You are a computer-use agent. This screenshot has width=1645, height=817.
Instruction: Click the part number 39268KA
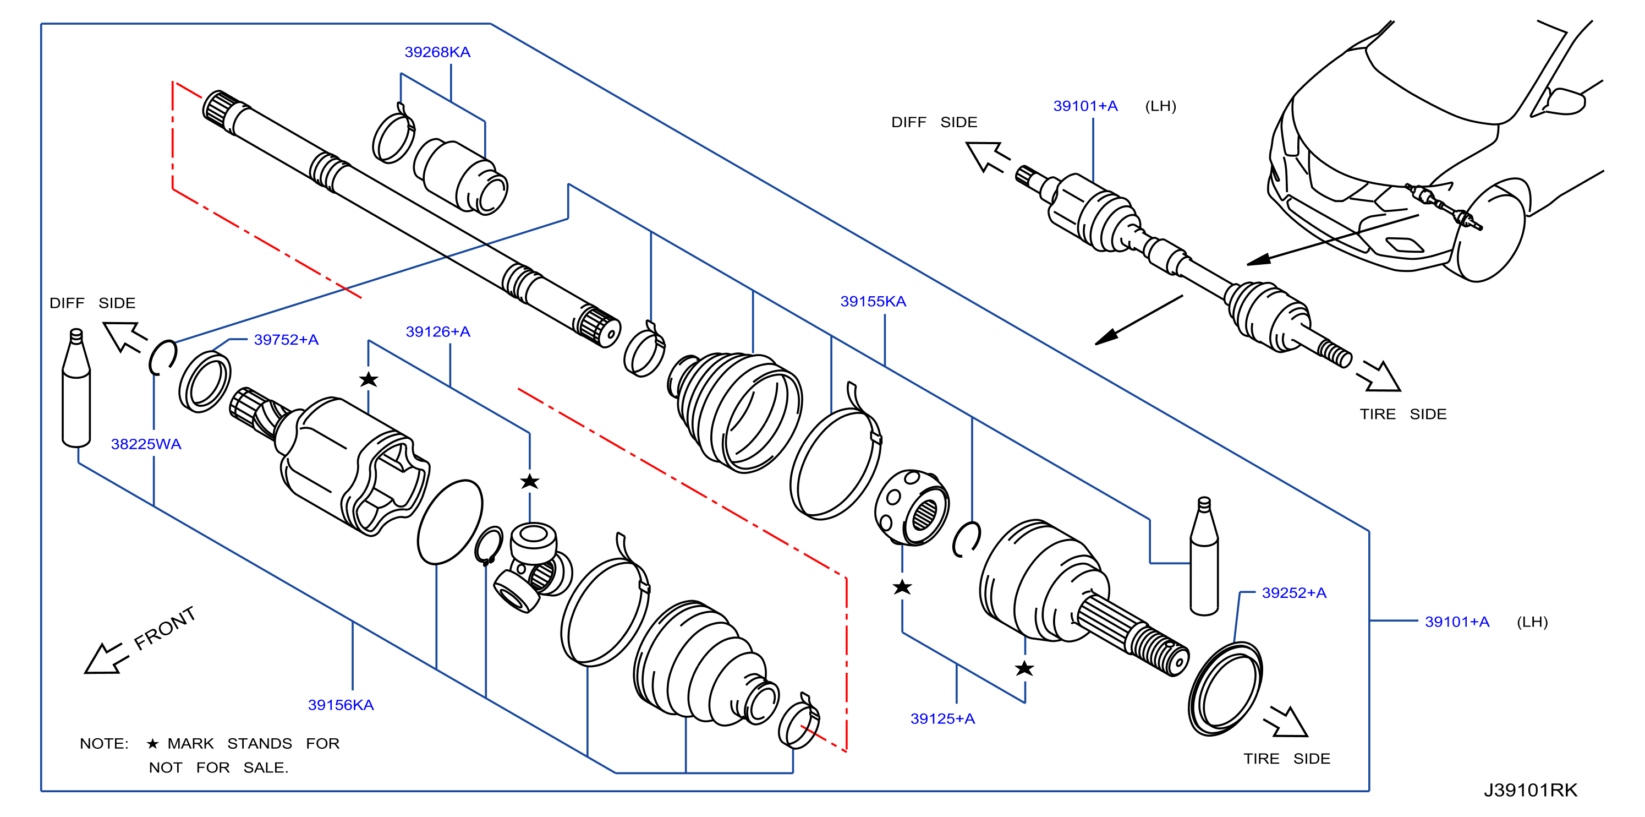coord(437,52)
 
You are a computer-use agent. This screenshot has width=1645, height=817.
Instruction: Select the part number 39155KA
coord(873,302)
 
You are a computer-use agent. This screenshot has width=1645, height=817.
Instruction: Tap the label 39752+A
coord(286,340)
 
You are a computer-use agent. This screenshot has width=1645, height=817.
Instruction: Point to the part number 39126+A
coord(438,331)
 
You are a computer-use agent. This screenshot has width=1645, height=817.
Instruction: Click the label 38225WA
coord(146,444)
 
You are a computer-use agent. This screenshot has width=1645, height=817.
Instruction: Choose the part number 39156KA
coord(341,705)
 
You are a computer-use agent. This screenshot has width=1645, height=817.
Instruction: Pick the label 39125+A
coord(942,718)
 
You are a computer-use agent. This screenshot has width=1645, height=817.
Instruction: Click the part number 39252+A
coord(1295,593)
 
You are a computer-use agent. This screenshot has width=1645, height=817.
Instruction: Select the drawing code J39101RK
coord(1531,790)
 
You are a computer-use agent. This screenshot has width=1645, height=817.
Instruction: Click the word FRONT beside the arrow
coord(164,628)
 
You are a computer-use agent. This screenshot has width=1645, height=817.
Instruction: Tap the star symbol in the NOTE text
coord(152,744)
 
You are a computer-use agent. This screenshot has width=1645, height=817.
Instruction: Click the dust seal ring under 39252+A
coord(1225,689)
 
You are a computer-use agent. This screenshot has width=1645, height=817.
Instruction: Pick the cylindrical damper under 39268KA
coord(460,176)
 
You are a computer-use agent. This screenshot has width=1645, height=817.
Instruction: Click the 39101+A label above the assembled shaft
coord(1085,106)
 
